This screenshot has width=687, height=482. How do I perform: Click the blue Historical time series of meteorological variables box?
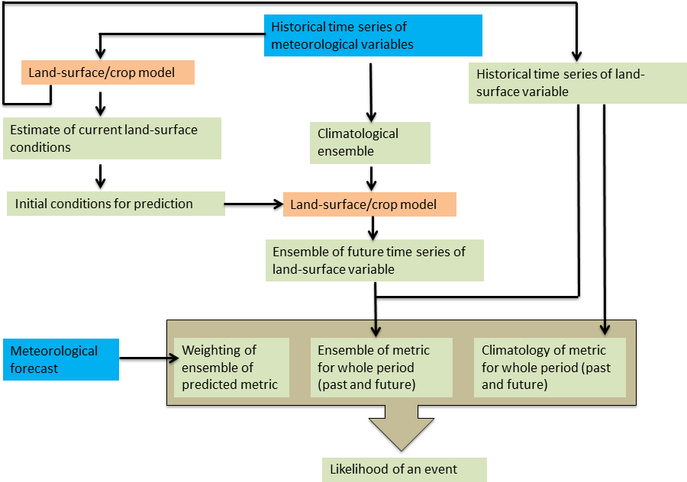(x=373, y=36)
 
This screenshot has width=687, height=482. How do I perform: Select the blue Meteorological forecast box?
(x=60, y=360)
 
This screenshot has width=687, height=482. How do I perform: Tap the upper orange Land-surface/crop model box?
(x=108, y=73)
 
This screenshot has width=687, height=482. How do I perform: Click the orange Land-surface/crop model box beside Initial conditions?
(x=369, y=204)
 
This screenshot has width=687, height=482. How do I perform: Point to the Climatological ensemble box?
(x=370, y=142)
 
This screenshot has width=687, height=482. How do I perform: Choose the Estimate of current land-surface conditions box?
(x=111, y=138)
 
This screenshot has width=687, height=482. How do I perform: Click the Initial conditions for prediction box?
(x=115, y=204)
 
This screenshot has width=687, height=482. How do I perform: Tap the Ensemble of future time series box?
(x=377, y=260)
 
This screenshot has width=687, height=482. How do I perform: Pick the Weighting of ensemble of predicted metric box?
(x=231, y=368)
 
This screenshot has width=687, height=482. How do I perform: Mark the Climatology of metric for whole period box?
(x=549, y=368)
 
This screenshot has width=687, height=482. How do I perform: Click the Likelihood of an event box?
(x=403, y=469)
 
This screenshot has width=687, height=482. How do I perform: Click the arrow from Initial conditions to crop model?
(x=253, y=204)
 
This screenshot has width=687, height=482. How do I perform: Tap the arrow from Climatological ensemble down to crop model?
(x=370, y=177)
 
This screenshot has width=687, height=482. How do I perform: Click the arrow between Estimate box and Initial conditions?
(x=100, y=175)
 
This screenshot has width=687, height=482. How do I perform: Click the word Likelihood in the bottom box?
(x=358, y=469)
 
